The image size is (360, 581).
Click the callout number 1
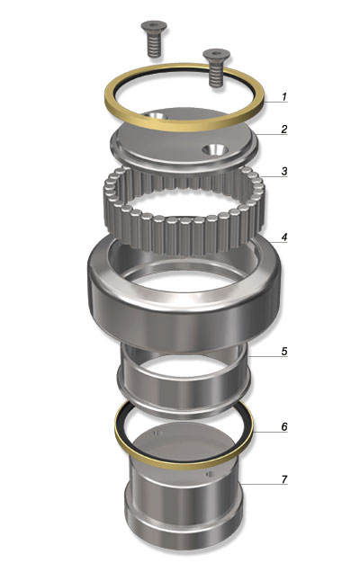pos(284,97)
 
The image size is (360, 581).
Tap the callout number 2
pos(284,129)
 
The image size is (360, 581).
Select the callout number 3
pos(284,171)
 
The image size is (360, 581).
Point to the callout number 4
pos(284,237)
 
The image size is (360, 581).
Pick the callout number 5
pos(284,352)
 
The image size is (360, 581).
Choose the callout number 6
pos(284,427)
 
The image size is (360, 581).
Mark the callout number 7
pos(284,479)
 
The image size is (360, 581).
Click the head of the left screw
pos(154,25)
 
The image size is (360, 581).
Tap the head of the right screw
pos(217,55)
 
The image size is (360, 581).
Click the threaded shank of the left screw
pos(154,44)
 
